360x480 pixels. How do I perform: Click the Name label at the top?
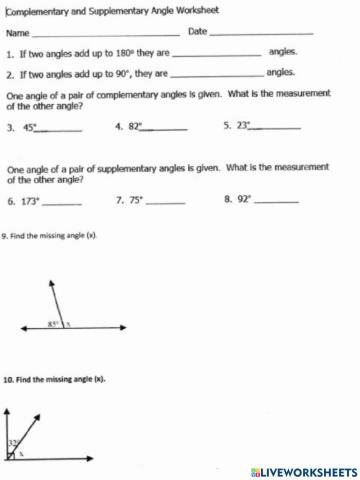click(17, 32)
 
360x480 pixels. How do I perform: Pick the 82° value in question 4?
click(136, 127)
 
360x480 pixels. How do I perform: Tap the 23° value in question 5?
click(244, 126)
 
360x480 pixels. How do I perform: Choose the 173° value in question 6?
click(31, 201)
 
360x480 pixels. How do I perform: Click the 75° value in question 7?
click(137, 200)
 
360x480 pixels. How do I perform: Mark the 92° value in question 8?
click(245, 199)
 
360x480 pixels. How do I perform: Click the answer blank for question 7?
click(166, 202)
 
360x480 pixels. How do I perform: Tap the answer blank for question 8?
click(276, 201)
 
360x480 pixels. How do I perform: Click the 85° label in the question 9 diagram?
click(52, 324)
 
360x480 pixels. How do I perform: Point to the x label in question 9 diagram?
click(68, 324)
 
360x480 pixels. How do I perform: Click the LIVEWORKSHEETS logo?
click(304, 470)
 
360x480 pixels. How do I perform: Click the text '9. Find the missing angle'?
click(50, 236)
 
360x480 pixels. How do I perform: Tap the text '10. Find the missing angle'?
click(54, 381)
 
